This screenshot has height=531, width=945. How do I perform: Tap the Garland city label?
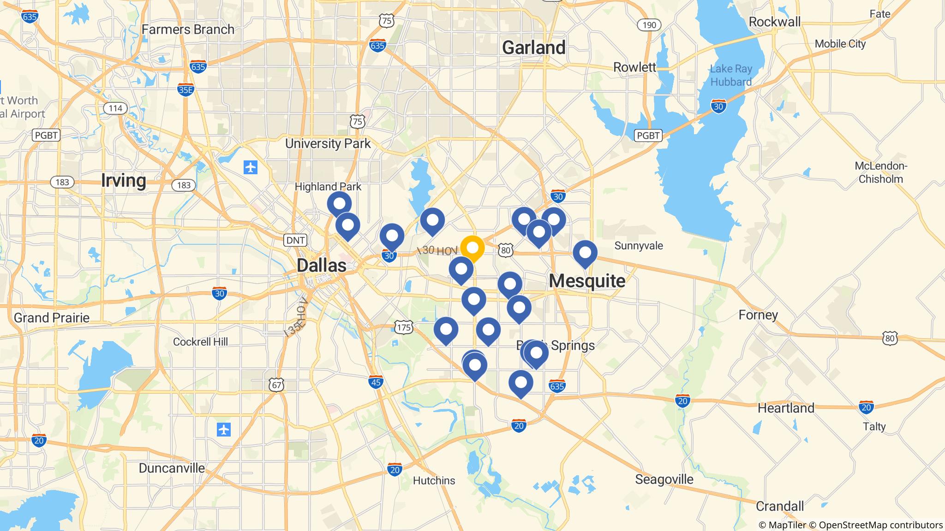[x=533, y=47]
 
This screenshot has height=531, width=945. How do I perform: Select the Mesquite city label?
[x=587, y=281]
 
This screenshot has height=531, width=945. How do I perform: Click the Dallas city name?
[x=321, y=265]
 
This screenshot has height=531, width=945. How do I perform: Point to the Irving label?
[x=123, y=180]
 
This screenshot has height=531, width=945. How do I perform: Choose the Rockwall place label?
[x=774, y=22]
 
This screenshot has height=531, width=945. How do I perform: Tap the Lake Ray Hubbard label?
[x=730, y=75]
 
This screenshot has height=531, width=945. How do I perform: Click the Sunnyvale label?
[x=638, y=246]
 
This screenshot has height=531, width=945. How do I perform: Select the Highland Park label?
[x=328, y=187]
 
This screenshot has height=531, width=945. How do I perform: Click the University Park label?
[x=328, y=144]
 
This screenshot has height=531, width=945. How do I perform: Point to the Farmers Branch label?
[x=188, y=29]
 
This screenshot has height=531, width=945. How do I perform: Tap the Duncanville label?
[x=172, y=468]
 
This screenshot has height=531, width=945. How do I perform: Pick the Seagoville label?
[x=664, y=479]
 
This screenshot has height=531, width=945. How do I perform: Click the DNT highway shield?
[x=295, y=240]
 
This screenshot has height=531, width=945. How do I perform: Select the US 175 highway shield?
[x=403, y=328]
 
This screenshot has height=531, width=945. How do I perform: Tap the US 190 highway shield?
[x=649, y=25]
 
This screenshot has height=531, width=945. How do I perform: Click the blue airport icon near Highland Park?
[x=251, y=167]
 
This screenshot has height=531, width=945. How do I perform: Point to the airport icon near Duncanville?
[x=224, y=430]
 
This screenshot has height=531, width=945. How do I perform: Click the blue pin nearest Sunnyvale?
[x=585, y=253]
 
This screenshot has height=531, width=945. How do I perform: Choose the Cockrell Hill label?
[x=200, y=342]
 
